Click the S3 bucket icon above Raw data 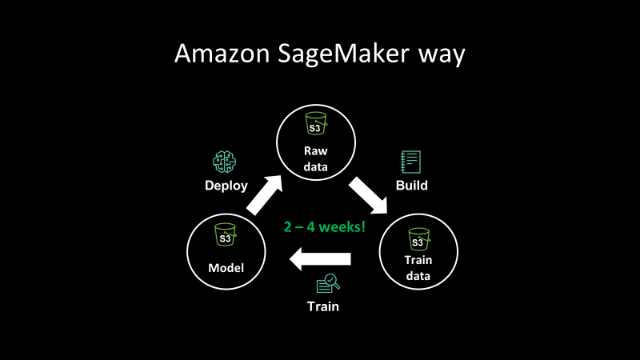314,126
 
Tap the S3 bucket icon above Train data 417,238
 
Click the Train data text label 417,269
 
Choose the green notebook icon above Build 411,162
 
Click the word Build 412,186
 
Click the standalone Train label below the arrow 324,306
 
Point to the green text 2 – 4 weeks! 324,226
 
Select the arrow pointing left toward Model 320,258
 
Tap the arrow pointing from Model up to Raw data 264,194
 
